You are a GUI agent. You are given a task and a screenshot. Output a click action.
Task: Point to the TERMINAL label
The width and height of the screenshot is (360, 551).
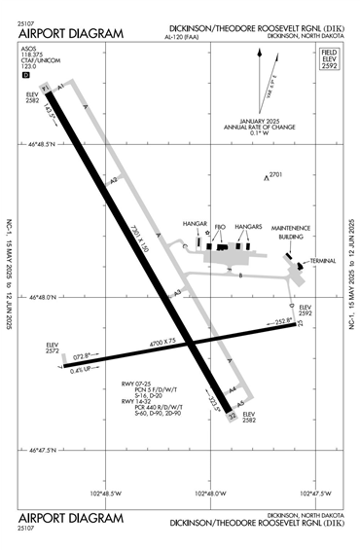[x=321, y=262]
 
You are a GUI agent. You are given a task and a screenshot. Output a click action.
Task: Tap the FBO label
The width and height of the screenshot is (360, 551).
[x=220, y=226]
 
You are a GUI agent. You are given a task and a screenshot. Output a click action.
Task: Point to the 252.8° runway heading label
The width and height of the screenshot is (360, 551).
[x=281, y=320]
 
